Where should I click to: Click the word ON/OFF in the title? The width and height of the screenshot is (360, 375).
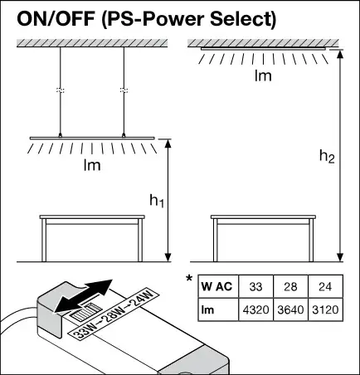56,18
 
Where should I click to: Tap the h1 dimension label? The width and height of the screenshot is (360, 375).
157,200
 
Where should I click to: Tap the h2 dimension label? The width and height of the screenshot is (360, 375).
327,156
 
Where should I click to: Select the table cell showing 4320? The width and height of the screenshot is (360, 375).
255,309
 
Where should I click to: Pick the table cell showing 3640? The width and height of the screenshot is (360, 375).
290,309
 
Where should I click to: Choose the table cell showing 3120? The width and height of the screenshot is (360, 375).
325,309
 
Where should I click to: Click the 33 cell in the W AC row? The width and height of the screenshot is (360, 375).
255,286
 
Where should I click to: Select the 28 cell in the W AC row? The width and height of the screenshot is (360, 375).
290,286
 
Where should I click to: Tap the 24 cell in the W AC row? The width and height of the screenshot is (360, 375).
325,286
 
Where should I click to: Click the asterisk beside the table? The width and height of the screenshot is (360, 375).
189,278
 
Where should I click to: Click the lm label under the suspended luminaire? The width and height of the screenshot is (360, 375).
92,165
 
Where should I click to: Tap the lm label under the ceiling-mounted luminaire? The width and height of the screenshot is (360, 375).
263,75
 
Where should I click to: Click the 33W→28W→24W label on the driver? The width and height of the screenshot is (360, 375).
114,314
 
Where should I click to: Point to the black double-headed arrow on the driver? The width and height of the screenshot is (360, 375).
83,296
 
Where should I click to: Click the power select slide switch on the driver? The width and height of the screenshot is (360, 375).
85,312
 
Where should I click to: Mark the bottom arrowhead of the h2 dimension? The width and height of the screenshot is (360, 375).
341,257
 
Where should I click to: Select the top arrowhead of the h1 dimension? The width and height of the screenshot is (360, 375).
168,144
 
